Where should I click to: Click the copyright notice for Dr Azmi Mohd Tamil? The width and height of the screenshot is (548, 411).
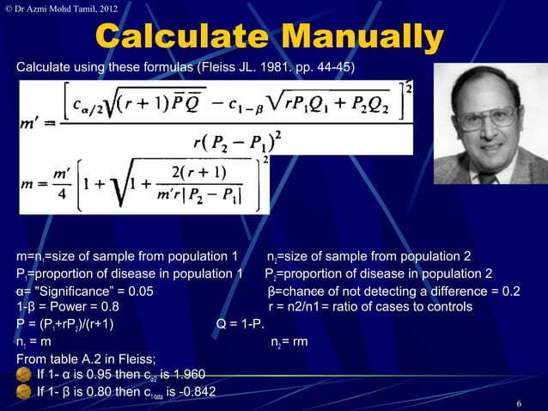60,9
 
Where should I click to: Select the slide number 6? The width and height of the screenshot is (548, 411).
519,403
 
